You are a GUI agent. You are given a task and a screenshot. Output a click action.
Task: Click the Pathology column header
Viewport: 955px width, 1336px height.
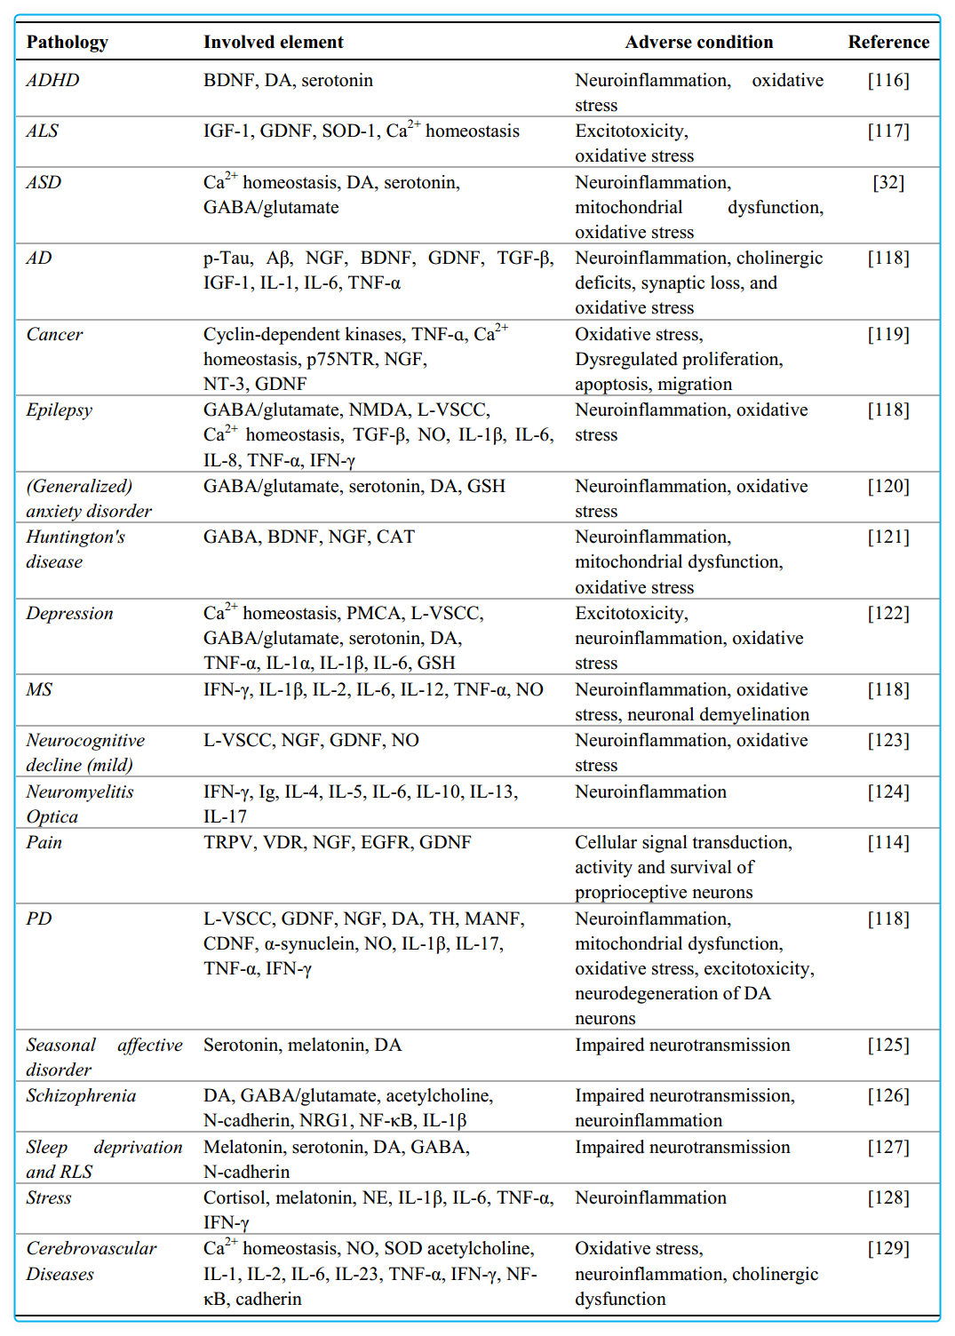68,42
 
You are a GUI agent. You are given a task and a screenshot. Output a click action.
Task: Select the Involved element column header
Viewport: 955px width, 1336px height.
273,42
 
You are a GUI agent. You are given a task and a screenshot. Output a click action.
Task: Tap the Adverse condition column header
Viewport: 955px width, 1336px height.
698,42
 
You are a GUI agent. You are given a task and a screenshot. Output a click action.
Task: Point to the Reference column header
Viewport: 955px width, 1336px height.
888,42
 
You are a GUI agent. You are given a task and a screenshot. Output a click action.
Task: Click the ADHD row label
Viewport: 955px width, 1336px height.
52,80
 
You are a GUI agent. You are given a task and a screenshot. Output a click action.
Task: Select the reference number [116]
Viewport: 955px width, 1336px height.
888,80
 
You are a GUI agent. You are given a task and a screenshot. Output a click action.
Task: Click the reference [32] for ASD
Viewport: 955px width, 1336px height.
888,182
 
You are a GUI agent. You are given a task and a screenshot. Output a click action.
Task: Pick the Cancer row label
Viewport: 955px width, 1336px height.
54,334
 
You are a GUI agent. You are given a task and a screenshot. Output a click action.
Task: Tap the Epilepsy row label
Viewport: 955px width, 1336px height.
59,410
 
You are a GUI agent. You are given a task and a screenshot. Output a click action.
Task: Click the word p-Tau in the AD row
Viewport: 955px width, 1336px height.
227,258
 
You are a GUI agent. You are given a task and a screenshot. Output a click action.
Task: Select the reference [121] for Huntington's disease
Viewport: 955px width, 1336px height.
888,537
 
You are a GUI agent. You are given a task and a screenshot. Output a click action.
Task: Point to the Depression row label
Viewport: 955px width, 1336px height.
69,613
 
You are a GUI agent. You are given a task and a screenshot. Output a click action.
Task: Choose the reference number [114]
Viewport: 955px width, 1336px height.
888,842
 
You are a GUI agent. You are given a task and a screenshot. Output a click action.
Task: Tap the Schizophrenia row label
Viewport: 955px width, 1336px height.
81,1095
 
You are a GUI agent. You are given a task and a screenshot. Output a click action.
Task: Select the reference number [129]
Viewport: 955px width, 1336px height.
888,1248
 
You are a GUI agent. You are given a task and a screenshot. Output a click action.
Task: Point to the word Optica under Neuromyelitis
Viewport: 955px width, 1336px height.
52,816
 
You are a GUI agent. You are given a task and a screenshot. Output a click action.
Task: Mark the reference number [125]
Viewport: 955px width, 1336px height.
888,1045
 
